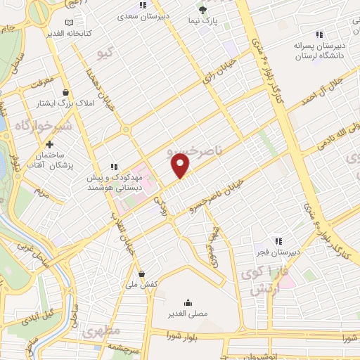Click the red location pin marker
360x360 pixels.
coord(181,166)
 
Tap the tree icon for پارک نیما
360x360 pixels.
coord(203,11)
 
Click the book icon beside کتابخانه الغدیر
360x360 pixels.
coord(67,22)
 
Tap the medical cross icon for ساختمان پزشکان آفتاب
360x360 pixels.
coord(49,144)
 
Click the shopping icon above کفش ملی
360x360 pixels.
coord(143,274)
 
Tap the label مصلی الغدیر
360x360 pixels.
coord(186,313)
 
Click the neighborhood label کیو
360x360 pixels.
coord(108,53)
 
